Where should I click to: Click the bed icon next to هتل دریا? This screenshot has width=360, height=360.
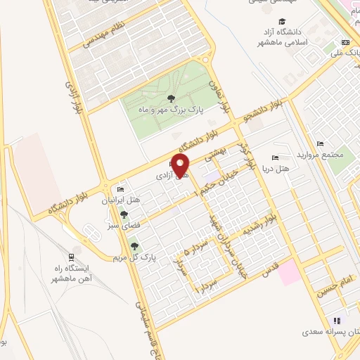[274, 157]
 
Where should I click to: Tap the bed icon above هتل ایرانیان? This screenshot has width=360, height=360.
[120, 190]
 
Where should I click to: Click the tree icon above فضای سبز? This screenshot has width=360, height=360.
[124, 214]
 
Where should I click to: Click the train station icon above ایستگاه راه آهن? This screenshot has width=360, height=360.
[72, 258]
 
